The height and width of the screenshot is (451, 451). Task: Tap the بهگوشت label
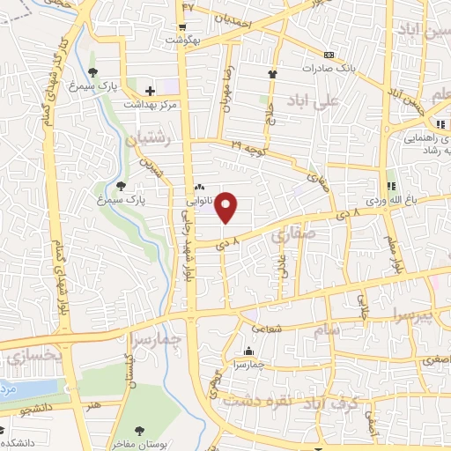[189, 41]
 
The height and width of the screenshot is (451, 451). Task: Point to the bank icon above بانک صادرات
[329, 54]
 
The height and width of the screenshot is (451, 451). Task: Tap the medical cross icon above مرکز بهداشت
[151, 90]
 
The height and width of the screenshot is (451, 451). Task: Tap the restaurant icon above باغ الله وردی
[391, 187]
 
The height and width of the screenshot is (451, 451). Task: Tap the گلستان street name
[129, 370]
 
